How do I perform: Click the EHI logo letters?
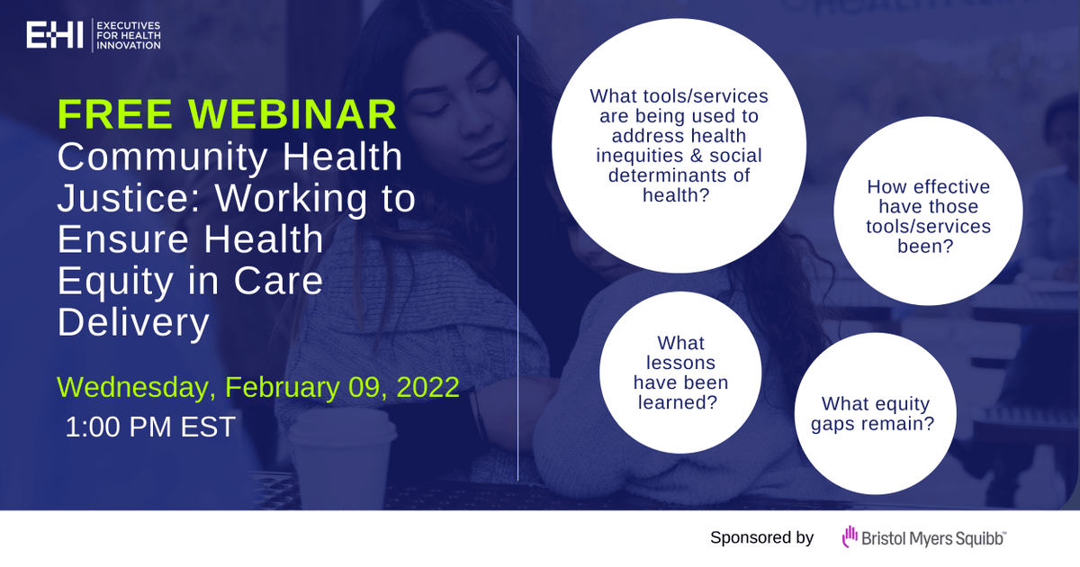point(55,35)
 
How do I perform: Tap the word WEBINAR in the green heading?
point(292,114)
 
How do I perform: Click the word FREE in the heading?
point(115,114)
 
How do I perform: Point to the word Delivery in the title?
point(133,323)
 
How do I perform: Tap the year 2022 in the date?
point(427,387)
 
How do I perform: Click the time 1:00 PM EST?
point(150,427)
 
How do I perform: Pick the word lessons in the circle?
point(680,363)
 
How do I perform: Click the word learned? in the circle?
point(678,402)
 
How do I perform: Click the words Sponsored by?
point(761,537)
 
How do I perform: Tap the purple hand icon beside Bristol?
point(850,536)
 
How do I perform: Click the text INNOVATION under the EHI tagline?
point(128,45)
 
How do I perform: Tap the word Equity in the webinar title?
point(115,282)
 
